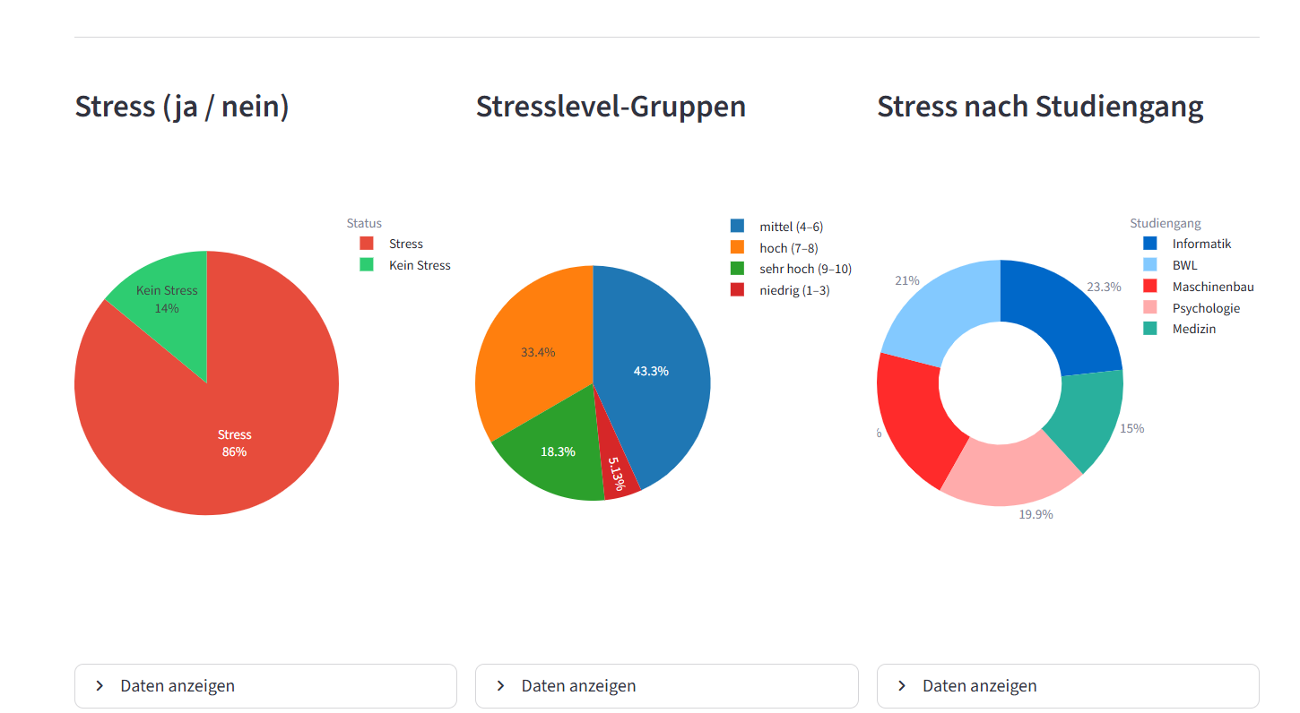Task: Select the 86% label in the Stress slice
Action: (234, 452)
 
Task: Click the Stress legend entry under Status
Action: (405, 244)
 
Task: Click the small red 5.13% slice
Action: (617, 475)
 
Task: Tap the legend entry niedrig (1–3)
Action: (794, 290)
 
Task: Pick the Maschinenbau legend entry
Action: (1212, 287)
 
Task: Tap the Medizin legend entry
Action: (1193, 329)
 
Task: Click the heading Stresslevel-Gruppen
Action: (611, 107)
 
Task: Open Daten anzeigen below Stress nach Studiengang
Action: (1067, 686)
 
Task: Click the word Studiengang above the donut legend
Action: (1165, 223)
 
